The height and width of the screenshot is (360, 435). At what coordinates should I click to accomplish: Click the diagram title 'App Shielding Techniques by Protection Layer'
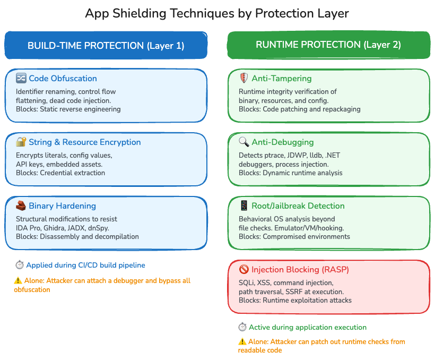[217, 13]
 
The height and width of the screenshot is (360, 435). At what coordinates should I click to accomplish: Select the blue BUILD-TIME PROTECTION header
[106, 46]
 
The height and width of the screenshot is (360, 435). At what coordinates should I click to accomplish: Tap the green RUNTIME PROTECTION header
[328, 45]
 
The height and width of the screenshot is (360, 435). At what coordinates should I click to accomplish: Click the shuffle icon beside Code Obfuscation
[21, 79]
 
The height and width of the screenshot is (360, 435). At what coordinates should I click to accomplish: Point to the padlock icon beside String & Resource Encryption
[21, 142]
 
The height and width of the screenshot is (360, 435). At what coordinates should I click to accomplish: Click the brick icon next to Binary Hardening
[21, 205]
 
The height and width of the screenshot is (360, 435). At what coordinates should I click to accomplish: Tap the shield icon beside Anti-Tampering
[244, 79]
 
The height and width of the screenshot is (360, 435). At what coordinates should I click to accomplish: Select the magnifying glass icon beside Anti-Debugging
[244, 142]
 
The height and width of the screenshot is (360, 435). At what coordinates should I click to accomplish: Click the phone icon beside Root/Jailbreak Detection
[244, 205]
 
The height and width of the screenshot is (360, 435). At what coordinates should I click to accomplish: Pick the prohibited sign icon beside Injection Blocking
[244, 269]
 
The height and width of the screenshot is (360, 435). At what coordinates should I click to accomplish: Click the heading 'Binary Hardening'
[63, 206]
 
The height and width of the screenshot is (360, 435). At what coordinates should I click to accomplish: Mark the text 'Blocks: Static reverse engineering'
[68, 109]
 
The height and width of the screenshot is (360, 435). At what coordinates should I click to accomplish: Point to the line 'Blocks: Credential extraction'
[60, 173]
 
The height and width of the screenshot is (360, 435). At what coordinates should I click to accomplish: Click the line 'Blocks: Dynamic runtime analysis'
[291, 173]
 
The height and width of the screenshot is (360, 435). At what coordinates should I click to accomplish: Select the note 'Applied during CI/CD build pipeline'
[85, 265]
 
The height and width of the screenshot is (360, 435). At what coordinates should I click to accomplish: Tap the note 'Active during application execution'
[308, 328]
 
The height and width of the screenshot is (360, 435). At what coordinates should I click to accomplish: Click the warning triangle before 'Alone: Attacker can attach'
[18, 281]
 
